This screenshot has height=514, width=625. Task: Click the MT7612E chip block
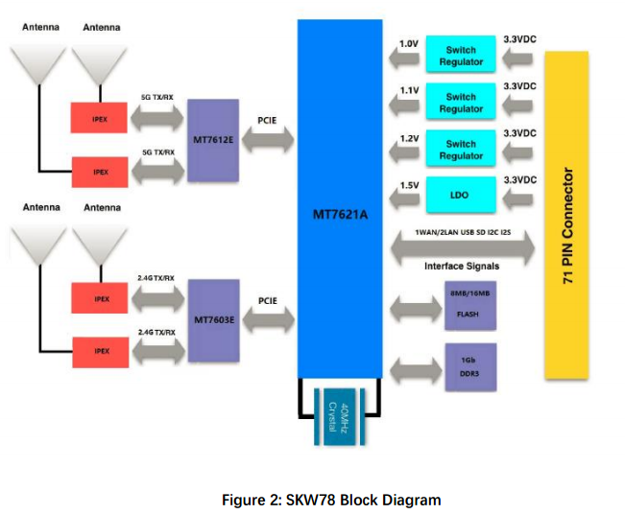tap(213, 140)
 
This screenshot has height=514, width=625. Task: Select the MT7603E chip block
tap(214, 320)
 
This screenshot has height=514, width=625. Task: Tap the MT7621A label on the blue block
tap(340, 215)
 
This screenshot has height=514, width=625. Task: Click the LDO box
tap(461, 195)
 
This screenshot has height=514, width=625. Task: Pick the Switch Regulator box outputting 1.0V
tap(461, 54)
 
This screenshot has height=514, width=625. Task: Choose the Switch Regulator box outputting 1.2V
tap(461, 148)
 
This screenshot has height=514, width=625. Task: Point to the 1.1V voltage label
tap(409, 90)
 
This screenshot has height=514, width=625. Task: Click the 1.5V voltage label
tap(409, 185)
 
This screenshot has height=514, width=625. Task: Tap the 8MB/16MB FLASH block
tap(470, 305)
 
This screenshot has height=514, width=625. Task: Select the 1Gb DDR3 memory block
tap(470, 367)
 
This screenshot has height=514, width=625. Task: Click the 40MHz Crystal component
tap(339, 417)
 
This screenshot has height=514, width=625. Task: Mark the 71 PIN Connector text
tap(567, 225)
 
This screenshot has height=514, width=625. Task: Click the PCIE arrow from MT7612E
tap(268, 139)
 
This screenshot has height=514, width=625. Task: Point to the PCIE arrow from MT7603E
tap(268, 319)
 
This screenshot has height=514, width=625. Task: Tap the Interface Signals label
tap(462, 266)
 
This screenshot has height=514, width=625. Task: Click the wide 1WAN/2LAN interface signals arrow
tap(463, 247)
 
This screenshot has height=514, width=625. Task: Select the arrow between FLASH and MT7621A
tap(416, 309)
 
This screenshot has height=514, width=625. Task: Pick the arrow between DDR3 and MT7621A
tap(416, 371)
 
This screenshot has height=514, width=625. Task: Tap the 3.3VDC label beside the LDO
tap(519, 180)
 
